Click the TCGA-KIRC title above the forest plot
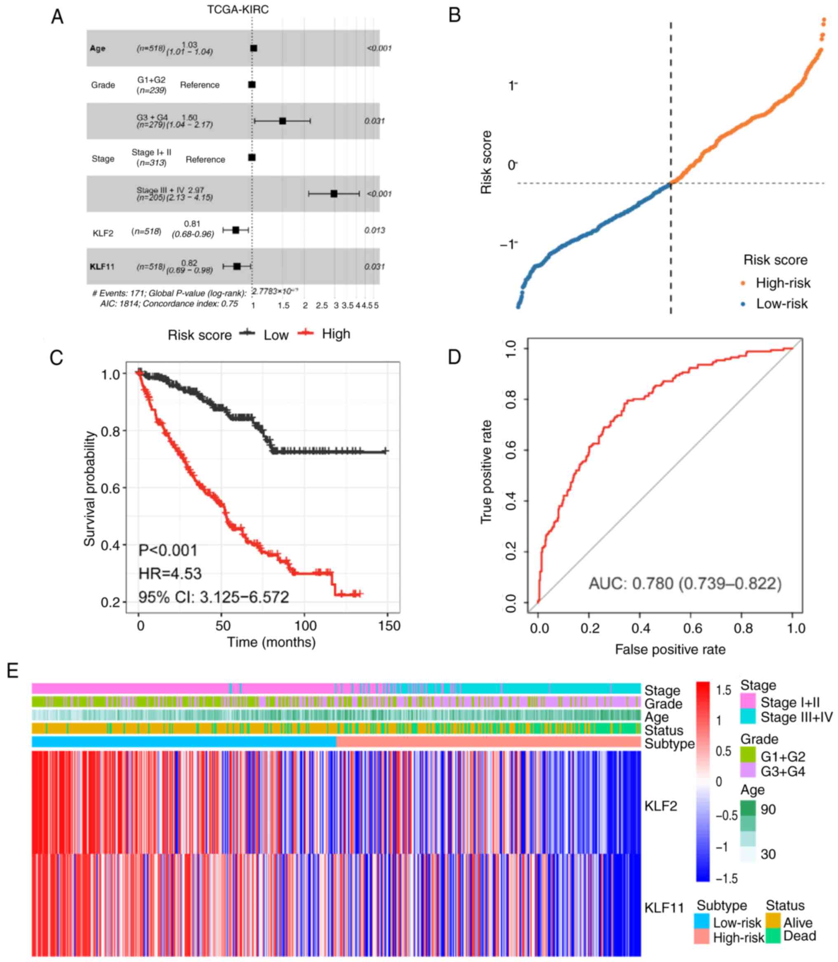click(238, 9)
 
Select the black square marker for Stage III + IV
click(334, 193)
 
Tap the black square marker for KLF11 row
click(237, 266)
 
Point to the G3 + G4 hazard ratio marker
click(282, 121)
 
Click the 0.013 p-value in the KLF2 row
click(374, 230)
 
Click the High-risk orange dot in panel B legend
click(743, 283)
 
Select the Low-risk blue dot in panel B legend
click(743, 304)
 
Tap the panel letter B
click(454, 15)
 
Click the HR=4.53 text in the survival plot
click(170, 573)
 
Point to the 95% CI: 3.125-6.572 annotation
click(213, 597)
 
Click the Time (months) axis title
click(271, 642)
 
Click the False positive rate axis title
click(670, 649)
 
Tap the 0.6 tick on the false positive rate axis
click(692, 628)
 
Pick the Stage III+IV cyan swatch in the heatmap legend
click(748, 717)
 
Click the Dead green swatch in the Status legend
click(773, 936)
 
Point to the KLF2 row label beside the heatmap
click(660, 806)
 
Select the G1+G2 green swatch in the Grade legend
click(748, 755)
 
